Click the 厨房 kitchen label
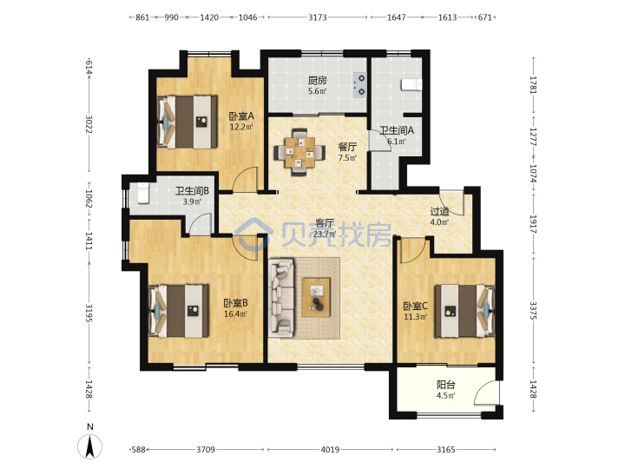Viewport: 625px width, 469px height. coord(318,81)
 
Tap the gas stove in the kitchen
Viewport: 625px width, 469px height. coord(359,85)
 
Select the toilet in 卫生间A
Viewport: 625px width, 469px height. coord(411,85)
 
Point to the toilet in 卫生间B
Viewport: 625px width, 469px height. coord(142,193)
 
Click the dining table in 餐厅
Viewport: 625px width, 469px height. coord(299,152)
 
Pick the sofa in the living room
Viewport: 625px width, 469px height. coord(281,296)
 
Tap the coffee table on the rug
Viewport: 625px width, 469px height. coord(316,298)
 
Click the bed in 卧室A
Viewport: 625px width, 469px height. coord(187,122)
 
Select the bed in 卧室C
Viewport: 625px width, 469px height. coord(464,311)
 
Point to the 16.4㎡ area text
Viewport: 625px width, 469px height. coord(235,314)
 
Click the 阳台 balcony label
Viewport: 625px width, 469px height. coord(445,385)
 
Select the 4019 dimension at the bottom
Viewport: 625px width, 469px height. coord(330,450)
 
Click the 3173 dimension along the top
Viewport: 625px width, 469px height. coord(318,17)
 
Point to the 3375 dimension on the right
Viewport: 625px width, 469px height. coord(533,310)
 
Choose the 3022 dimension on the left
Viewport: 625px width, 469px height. coord(89,124)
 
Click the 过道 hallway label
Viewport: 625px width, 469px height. coord(439,212)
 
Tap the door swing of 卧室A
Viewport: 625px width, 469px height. coord(244,179)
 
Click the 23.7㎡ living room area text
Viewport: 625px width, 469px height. coord(325,234)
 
